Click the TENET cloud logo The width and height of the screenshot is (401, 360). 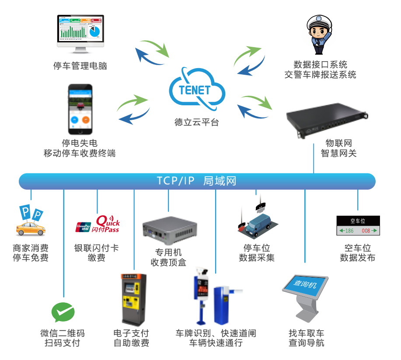pyautogui.click(x=196, y=90)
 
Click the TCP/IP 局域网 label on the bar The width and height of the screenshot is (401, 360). pyautogui.click(x=196, y=181)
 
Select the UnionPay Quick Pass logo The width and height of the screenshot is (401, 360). pyautogui.click(x=98, y=224)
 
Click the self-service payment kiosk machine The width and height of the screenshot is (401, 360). pyautogui.click(x=133, y=299)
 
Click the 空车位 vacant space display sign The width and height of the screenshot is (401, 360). pyautogui.click(x=358, y=225)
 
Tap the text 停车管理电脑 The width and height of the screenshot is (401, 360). pyautogui.click(x=80, y=66)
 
